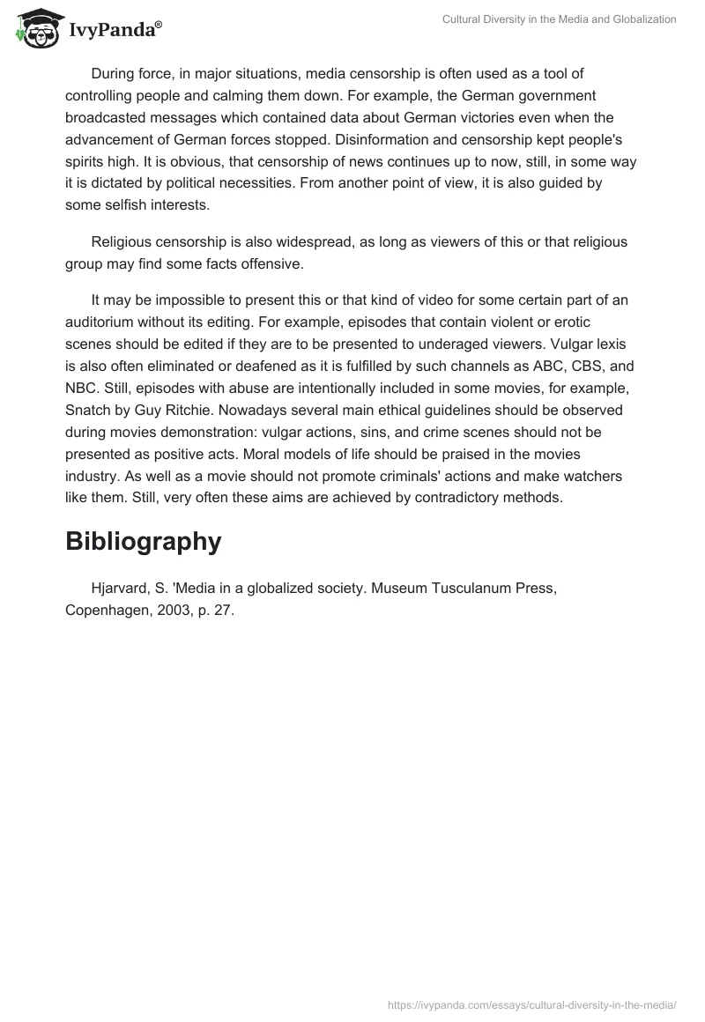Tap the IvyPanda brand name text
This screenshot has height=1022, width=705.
pos(115,31)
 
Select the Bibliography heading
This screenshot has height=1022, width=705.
pos(143,542)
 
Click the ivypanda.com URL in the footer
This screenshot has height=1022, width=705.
pos(532,1004)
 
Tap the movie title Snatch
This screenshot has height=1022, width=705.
pos(88,411)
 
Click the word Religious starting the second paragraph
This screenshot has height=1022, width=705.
pos(123,241)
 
